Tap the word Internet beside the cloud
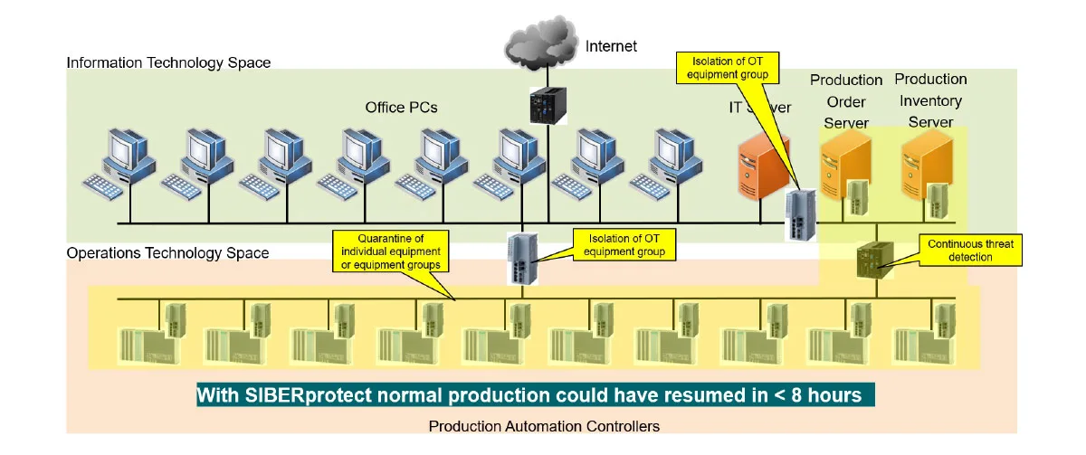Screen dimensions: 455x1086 611,45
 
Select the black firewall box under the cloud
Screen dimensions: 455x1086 546,107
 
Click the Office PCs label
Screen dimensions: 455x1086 401,108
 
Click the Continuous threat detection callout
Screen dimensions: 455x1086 970,251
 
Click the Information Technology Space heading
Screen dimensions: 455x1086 168,63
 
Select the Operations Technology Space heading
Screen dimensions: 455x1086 167,253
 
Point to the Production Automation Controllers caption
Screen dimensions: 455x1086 543,425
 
